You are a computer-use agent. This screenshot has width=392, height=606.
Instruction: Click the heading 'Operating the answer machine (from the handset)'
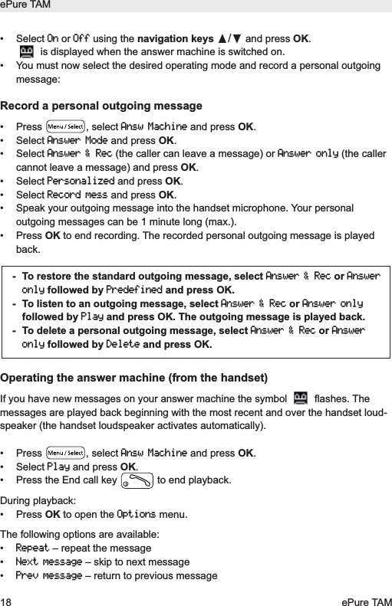point(134,377)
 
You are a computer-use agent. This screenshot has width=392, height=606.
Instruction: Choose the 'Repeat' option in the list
point(32,549)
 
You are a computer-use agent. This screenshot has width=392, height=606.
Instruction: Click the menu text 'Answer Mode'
point(77,141)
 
